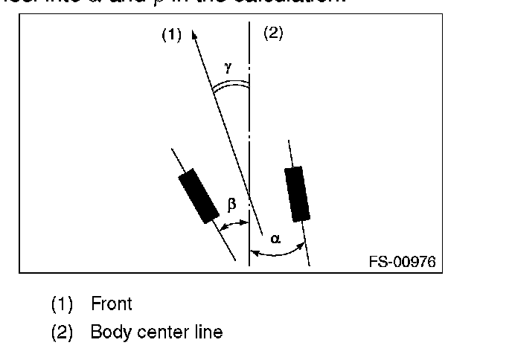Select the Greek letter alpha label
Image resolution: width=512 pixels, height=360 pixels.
275,239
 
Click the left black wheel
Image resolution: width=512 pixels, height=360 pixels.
199,196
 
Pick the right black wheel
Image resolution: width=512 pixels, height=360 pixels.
296,193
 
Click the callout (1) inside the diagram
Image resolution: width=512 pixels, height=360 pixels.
171,35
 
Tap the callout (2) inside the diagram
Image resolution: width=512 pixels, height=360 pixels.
273,33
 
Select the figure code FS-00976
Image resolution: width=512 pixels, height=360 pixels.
402,262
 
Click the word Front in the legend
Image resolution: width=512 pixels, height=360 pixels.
111,303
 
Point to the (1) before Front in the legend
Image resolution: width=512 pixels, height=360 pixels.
61,304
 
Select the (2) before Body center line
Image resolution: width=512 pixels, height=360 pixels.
61,332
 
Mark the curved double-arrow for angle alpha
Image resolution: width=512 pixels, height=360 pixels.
279,252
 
